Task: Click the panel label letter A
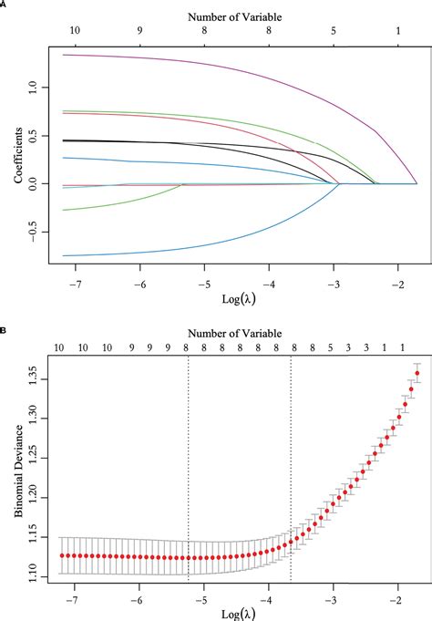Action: point(5,5)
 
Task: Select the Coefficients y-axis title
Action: point(19,152)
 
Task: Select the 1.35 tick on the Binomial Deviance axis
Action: point(32,373)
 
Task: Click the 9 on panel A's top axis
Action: point(139,30)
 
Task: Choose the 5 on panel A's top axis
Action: point(334,30)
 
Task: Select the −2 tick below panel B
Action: point(396,601)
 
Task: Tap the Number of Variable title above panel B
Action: point(237,332)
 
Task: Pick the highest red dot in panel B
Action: point(417,373)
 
